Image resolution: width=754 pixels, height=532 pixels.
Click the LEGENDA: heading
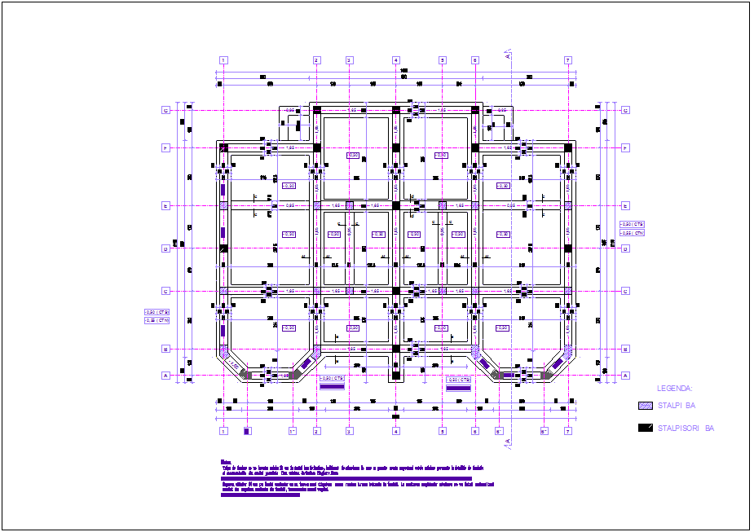(x=674, y=389)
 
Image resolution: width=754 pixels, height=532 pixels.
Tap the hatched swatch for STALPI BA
(x=645, y=405)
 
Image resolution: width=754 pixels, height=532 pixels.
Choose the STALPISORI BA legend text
(x=686, y=428)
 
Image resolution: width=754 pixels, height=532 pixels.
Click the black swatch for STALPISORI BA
(x=645, y=428)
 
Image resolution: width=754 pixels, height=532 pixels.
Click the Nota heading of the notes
(x=226, y=462)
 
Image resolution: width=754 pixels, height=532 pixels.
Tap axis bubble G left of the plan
(x=165, y=110)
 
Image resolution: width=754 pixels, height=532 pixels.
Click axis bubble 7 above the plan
(x=568, y=60)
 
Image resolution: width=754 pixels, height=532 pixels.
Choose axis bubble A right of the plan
(x=626, y=376)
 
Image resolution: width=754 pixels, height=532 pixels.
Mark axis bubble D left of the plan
(x=165, y=248)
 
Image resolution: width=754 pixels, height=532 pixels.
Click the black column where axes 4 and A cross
(x=395, y=375)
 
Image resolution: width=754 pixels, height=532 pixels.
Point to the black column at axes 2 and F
(x=316, y=147)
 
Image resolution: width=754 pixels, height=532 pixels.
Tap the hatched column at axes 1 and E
(x=223, y=206)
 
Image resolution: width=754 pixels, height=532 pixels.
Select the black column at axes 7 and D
(x=568, y=248)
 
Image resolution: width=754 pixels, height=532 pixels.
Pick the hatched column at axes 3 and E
(x=349, y=206)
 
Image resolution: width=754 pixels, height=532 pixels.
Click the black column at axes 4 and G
(x=395, y=110)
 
